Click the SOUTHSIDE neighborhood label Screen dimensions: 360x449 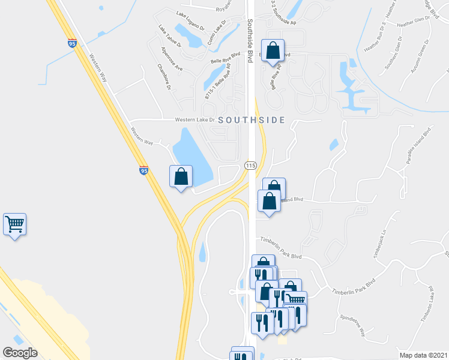pos(252,120)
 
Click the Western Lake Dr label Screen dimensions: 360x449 pos(194,119)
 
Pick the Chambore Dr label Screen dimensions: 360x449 pos(164,77)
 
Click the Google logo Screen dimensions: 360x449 pos(20,353)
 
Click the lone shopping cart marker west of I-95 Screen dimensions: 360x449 pos(14,225)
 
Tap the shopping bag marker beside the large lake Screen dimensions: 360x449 pos(181,177)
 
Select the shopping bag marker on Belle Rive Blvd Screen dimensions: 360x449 pos(273,52)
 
